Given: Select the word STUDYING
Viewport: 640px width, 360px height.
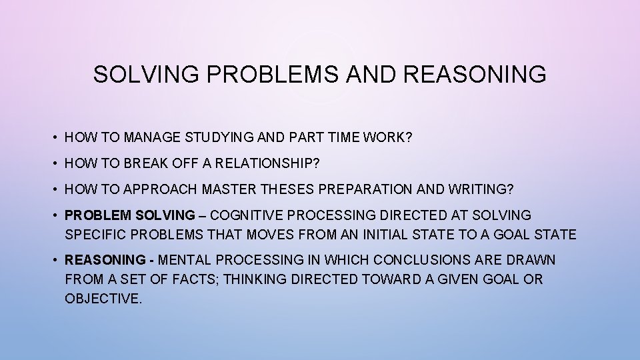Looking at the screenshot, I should [x=214, y=137].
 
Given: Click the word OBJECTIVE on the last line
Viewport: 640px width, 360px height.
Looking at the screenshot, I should [x=103, y=299].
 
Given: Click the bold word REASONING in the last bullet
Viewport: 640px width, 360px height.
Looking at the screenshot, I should [x=105, y=260].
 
